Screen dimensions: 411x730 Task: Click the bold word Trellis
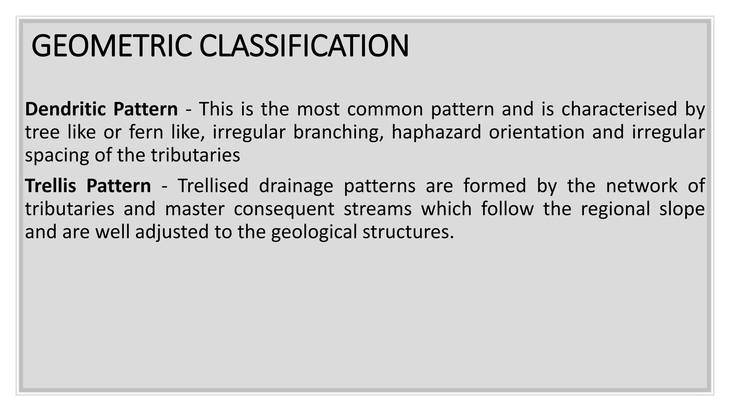[x=51, y=186]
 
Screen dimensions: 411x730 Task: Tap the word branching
[x=338, y=132]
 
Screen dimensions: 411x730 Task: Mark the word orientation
[x=536, y=132]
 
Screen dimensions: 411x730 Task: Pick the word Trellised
[x=213, y=186]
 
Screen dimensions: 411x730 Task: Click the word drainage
[x=296, y=186]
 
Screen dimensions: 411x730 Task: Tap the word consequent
[x=284, y=209]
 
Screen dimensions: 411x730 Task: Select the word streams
[x=377, y=209]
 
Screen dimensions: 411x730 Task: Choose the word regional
[x=615, y=209]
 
